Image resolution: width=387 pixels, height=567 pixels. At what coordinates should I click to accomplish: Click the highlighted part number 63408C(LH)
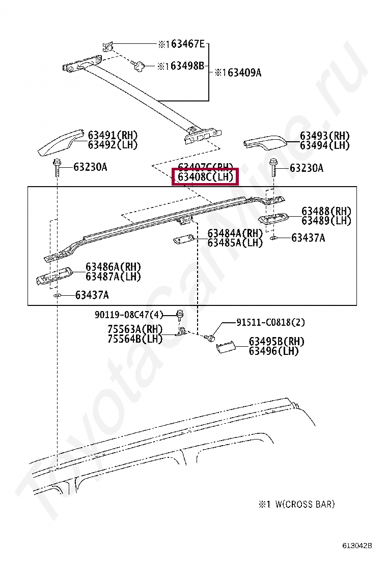205,177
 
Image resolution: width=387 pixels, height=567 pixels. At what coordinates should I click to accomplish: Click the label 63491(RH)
113,135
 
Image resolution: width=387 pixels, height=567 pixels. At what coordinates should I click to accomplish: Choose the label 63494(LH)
324,145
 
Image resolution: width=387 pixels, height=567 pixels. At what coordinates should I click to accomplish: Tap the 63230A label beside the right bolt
307,168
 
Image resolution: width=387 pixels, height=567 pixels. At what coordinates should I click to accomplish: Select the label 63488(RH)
326,211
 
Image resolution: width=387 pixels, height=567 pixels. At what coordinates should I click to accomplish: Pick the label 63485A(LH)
235,243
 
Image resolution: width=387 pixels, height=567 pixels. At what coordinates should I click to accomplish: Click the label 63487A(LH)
113,276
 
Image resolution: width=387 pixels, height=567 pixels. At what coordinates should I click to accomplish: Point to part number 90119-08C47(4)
128,315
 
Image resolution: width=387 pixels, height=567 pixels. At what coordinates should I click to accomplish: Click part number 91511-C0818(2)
270,322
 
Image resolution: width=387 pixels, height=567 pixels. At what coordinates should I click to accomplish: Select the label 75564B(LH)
135,339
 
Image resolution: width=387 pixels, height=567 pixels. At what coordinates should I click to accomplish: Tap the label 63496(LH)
273,351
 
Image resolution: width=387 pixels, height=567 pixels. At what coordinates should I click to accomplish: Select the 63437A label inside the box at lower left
92,295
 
